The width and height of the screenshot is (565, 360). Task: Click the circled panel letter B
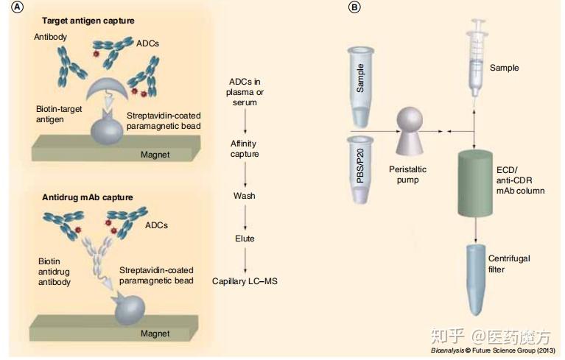click(355, 7)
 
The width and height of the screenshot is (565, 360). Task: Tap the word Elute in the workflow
click(244, 239)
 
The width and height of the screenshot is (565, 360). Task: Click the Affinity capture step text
click(244, 149)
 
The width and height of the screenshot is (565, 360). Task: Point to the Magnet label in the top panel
click(155, 154)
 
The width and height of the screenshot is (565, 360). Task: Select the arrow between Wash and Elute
click(244, 218)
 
